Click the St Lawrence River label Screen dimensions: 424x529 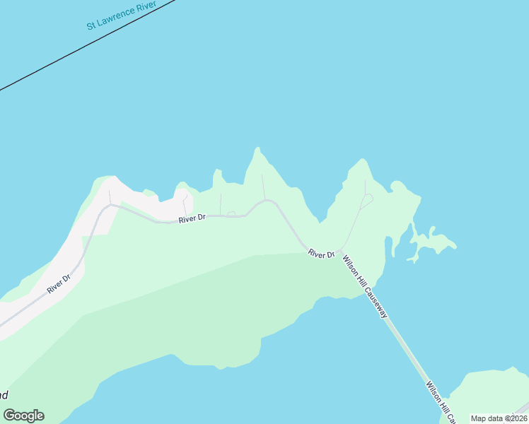[121, 18]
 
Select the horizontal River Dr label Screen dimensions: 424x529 [192, 218]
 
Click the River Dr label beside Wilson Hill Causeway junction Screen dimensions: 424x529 [320, 254]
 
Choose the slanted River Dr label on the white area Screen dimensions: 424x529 [59, 283]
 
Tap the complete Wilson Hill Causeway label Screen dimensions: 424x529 [365, 287]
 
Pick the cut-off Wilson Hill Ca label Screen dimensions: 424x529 [439, 400]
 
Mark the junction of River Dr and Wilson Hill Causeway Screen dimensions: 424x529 [339, 252]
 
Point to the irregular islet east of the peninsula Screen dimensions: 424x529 [431, 245]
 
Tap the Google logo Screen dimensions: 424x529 [23, 416]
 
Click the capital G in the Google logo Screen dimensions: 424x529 [10, 415]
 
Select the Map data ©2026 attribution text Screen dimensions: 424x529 [499, 418]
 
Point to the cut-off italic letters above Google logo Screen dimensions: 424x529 [4, 395]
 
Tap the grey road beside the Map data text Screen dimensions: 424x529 [522, 408]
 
